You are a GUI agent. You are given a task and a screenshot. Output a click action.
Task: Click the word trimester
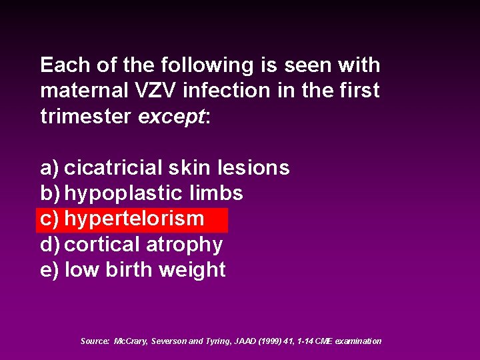point(86,116)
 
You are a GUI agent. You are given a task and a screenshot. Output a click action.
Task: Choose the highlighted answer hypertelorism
point(134,219)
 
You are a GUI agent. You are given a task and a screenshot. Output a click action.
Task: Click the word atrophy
point(184,245)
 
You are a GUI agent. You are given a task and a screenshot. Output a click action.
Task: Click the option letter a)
point(49,168)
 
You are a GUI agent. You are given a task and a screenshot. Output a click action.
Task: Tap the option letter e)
point(49,270)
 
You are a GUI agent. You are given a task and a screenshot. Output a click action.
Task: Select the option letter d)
point(49,245)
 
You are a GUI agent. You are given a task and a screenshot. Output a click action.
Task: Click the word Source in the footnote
point(95,341)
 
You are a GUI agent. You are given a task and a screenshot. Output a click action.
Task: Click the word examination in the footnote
point(358,341)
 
